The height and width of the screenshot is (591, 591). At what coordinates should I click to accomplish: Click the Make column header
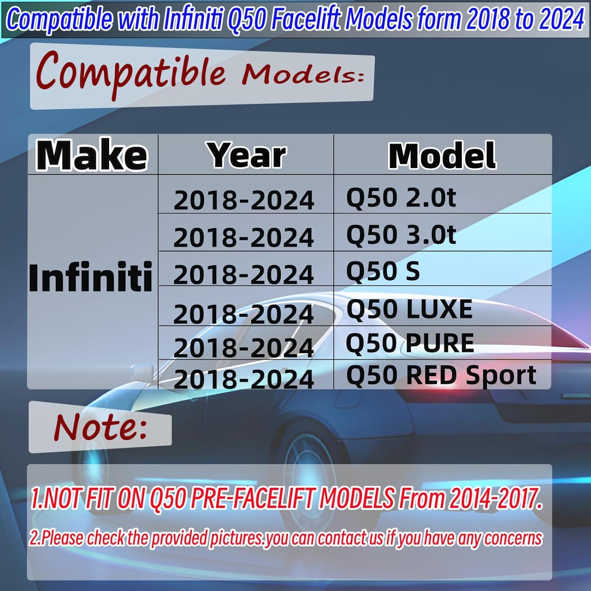coord(92,155)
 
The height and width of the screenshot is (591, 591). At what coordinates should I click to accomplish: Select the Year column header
coord(247,155)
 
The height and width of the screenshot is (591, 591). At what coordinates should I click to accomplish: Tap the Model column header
coord(442,155)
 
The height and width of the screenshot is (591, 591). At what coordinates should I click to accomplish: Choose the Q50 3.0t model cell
coord(401,234)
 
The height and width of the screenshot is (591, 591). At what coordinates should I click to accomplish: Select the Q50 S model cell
coord(383,271)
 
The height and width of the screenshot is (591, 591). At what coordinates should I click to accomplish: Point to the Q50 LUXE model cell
coord(409,309)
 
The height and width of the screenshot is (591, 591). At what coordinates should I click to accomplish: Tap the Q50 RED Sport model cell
coord(441,375)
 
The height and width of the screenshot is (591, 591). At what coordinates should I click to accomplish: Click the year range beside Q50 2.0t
coord(243,201)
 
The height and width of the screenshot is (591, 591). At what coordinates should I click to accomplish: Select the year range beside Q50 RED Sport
coord(243,379)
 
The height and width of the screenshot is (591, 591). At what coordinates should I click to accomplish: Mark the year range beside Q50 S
coord(243,275)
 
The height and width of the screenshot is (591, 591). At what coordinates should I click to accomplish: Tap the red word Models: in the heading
coord(303,74)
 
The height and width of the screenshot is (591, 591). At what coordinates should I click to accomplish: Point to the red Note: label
coord(100,427)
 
